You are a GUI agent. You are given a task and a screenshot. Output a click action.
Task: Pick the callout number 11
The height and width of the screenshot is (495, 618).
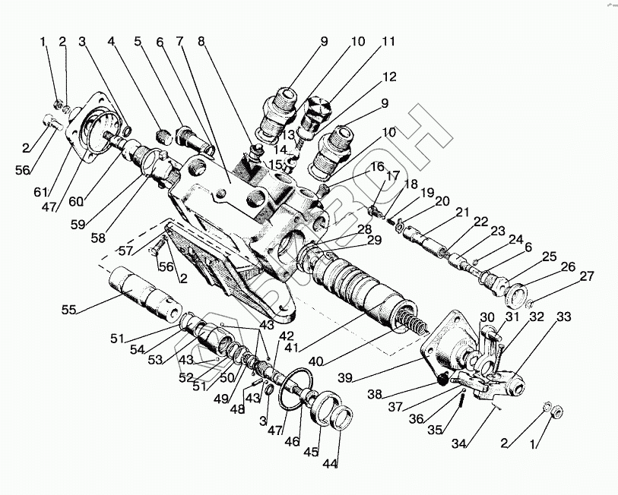[x=388, y=43]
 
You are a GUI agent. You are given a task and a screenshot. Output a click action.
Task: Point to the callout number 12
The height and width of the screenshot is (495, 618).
[x=390, y=77]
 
